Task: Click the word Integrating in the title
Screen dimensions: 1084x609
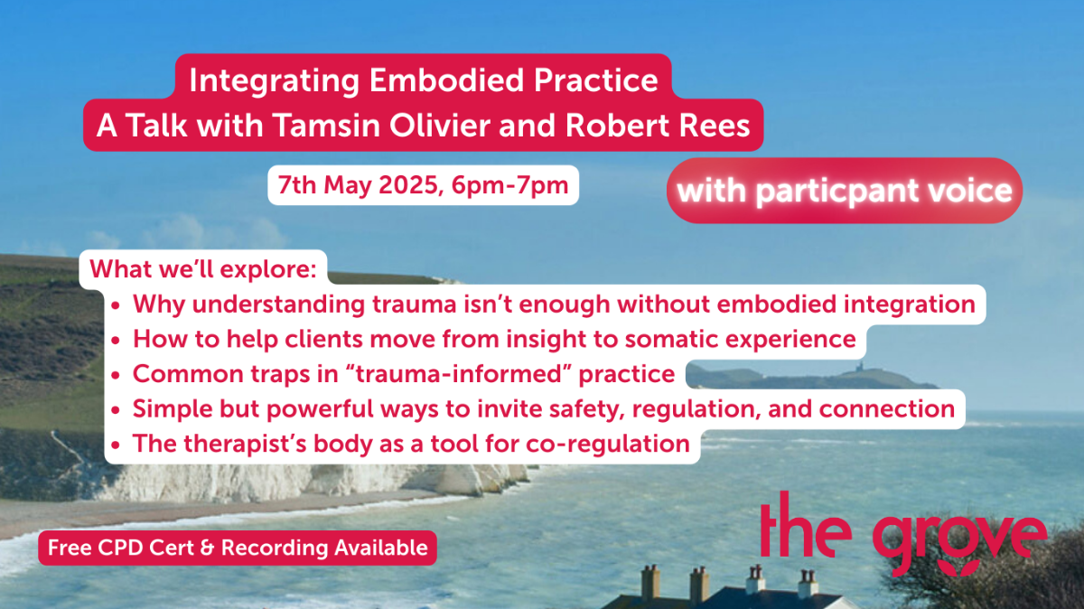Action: (275, 80)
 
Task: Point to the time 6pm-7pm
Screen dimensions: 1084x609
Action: (510, 186)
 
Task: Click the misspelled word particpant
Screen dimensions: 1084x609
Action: (837, 191)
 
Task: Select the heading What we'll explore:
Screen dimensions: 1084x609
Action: (202, 269)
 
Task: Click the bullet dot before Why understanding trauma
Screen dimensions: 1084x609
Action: (116, 306)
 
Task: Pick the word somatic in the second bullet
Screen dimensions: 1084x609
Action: (670, 339)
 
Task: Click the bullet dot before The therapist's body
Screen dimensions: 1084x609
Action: (116, 445)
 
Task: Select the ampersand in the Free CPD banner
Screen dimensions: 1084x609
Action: (207, 548)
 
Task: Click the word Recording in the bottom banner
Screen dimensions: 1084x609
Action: (275, 548)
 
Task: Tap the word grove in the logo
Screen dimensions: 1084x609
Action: (960, 539)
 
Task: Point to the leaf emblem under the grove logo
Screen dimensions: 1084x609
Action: (960, 567)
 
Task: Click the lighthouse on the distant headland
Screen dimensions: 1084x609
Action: (859, 367)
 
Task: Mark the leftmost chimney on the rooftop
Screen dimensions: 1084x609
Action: (650, 583)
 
